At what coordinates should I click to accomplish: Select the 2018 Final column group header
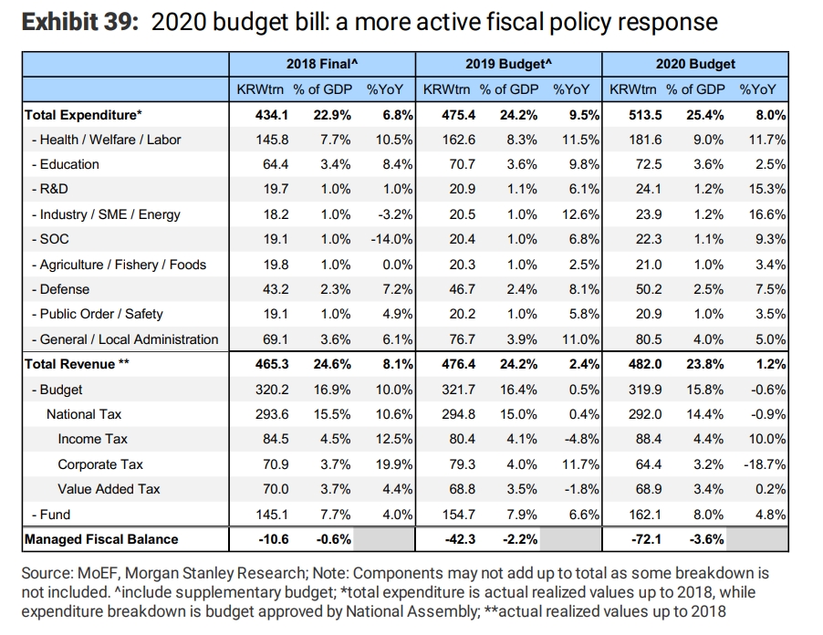click(x=321, y=64)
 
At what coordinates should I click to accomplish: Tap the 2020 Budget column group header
click(x=694, y=64)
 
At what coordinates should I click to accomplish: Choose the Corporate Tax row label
click(x=100, y=463)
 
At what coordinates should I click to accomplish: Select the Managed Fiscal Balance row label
click(x=101, y=539)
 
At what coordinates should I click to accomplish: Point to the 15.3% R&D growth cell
click(x=766, y=189)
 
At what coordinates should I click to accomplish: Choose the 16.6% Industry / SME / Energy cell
click(x=766, y=214)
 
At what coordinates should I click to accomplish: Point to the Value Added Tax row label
click(x=109, y=489)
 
